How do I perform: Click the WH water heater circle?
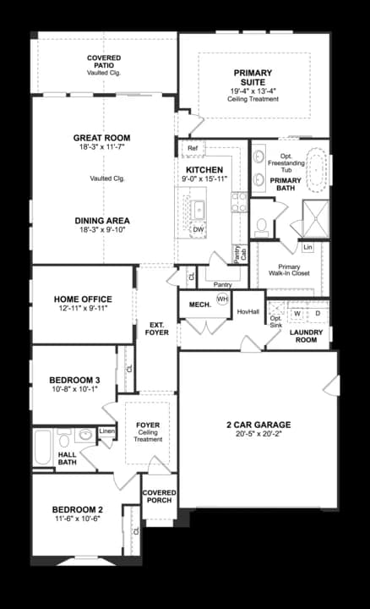(x=222, y=299)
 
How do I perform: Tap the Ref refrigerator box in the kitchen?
(x=193, y=148)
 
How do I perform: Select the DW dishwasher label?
(x=199, y=229)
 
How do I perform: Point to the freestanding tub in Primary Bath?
(x=317, y=168)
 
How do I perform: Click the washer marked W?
(x=297, y=313)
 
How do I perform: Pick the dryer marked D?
(x=318, y=313)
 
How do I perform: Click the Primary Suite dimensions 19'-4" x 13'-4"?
(x=253, y=91)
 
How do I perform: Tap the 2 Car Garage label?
(x=258, y=425)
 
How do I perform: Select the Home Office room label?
(x=83, y=299)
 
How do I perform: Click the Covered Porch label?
(x=159, y=497)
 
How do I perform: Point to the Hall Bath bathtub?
(x=42, y=447)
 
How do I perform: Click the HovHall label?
(x=248, y=311)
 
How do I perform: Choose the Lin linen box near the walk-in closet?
(x=307, y=247)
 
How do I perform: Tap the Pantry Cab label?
(x=241, y=255)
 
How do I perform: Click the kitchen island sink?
(x=199, y=210)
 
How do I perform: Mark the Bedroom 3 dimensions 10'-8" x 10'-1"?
(x=75, y=389)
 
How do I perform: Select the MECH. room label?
(x=200, y=304)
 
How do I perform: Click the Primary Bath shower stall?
(x=316, y=219)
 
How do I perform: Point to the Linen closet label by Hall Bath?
(x=106, y=431)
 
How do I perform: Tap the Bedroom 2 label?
(x=78, y=509)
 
